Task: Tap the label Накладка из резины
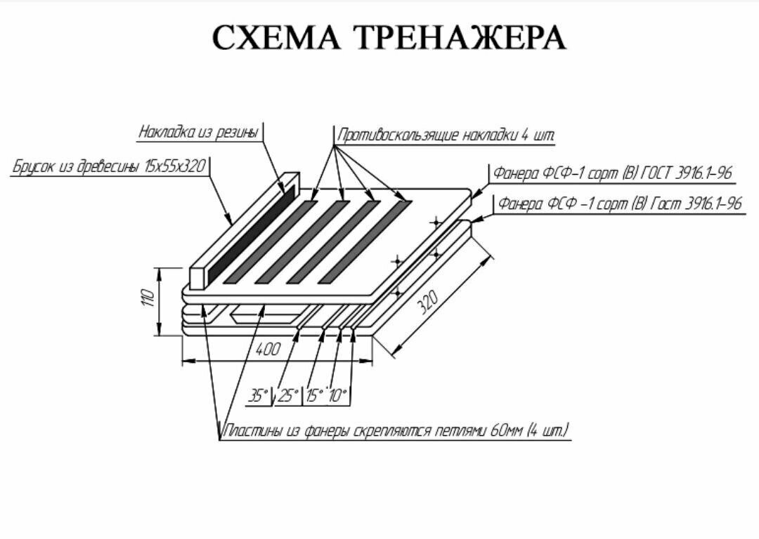coord(199,132)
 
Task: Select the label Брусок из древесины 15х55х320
coord(110,167)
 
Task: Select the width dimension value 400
coord(267,350)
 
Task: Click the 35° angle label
coord(258,396)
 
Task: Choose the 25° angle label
coord(288,396)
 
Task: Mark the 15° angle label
coord(315,396)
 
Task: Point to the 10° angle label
coord(339,396)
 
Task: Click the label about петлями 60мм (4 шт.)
coord(396,430)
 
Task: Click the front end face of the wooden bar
coord(197,278)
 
